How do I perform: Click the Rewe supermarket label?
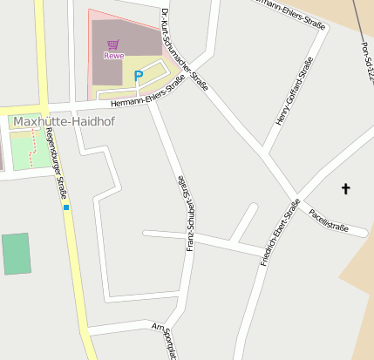coord(113,56)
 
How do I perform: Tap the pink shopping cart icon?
coord(112,44)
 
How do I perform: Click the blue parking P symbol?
coord(138,76)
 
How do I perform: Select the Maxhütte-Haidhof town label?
coord(58,121)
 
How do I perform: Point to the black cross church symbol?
coord(345,188)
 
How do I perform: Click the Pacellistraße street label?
coord(328,221)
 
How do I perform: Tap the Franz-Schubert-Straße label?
coord(184,214)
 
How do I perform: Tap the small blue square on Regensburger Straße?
coord(66,207)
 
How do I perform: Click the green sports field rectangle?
coord(16,254)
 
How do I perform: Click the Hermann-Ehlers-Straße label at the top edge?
coord(288,13)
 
